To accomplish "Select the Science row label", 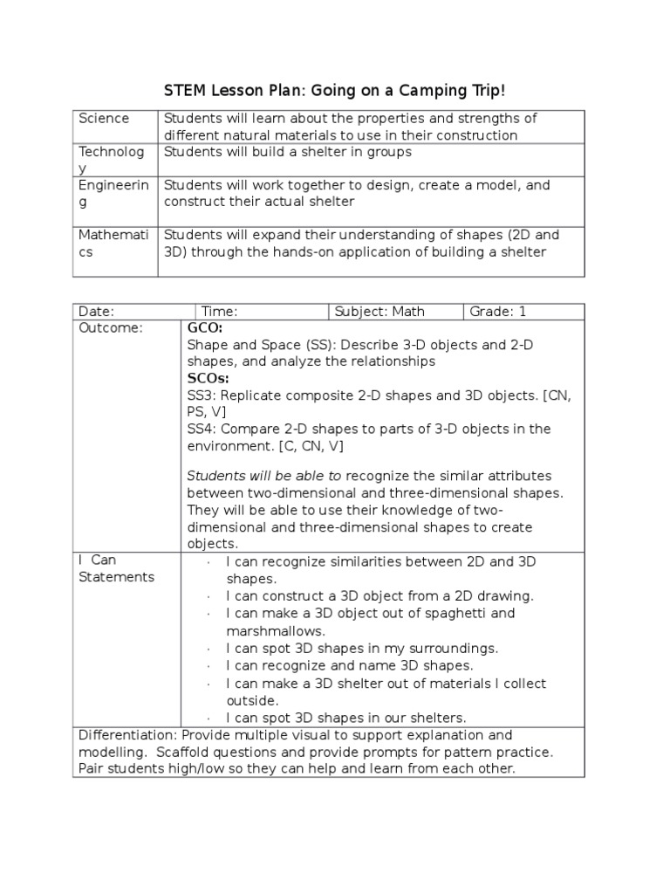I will click(x=104, y=119).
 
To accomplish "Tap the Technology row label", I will click(x=111, y=160).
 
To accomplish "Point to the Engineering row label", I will click(x=113, y=194).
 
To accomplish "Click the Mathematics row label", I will click(x=112, y=244).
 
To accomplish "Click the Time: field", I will click(x=220, y=311).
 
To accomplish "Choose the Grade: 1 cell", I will click(x=498, y=311).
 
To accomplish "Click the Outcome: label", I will click(x=110, y=327).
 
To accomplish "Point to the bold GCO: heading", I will click(x=205, y=327).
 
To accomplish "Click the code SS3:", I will click(x=202, y=395).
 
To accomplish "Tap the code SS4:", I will click(x=202, y=429).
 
